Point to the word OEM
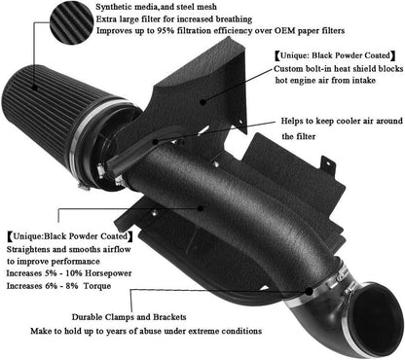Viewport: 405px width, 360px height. click(x=294, y=31)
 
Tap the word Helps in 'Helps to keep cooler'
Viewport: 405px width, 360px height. click(x=297, y=121)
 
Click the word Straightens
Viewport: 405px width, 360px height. click(x=35, y=248)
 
